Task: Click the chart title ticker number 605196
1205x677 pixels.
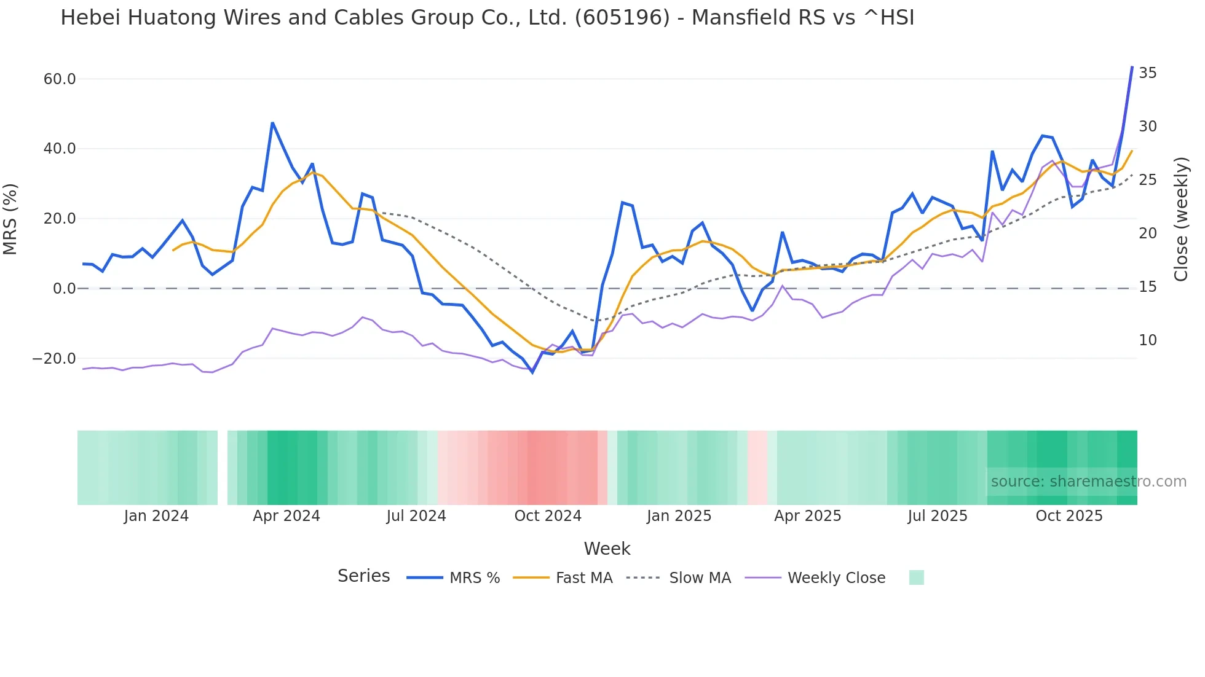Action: [622, 18]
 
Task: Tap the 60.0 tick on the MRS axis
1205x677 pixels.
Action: [60, 79]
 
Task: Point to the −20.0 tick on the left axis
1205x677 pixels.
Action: [54, 359]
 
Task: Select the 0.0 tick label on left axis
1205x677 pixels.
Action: [65, 289]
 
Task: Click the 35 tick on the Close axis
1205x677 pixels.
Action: [1147, 73]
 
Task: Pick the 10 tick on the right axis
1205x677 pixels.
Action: [1147, 340]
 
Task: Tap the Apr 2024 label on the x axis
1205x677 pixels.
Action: [286, 516]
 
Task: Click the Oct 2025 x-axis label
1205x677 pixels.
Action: [1069, 516]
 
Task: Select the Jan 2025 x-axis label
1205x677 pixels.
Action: [679, 516]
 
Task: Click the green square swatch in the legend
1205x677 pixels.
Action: [916, 578]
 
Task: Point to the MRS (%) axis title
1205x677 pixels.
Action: [10, 219]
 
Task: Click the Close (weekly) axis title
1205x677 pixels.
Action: [1181, 219]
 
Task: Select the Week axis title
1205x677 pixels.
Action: [607, 549]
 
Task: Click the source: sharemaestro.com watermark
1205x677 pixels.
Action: [1088, 482]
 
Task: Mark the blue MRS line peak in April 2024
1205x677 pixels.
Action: [272, 123]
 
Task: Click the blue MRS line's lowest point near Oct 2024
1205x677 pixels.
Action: [532, 372]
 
